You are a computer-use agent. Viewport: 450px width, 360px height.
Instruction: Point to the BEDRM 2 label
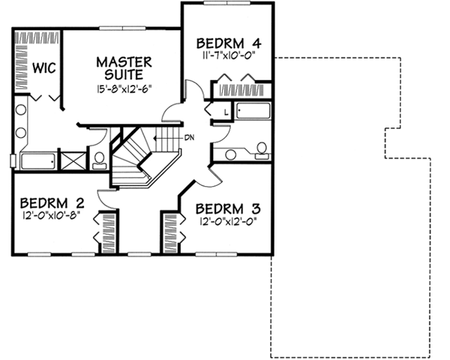tap(51, 202)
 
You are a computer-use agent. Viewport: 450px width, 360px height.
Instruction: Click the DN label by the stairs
tap(190, 136)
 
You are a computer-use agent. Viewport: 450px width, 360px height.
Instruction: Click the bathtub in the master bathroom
tap(35, 160)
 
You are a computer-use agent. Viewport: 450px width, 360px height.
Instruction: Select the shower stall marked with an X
tap(72, 160)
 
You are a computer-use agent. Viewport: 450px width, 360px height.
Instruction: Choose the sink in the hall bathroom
tap(231, 154)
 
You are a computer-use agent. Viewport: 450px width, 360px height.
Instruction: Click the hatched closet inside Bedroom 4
tap(243, 90)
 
